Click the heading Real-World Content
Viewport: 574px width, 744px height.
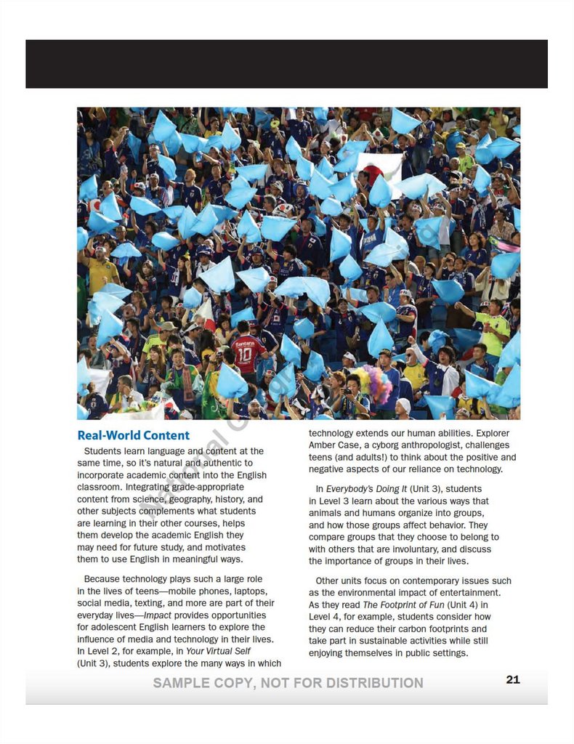133,436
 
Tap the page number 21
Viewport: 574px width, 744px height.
513,680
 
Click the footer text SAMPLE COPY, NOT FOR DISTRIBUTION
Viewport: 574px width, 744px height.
288,683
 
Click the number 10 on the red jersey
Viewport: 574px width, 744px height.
244,355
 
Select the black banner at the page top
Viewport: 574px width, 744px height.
286,64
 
